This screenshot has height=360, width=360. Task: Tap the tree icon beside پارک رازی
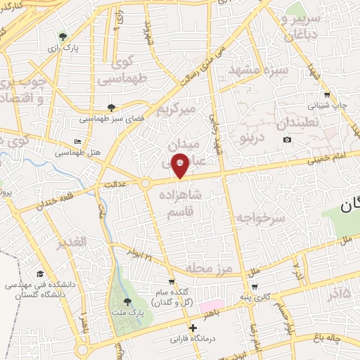(x=64, y=37)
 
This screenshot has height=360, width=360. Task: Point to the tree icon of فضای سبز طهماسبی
(x=112, y=107)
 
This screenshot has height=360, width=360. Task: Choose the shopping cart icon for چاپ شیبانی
(x=327, y=95)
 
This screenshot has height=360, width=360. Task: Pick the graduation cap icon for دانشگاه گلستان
(x=41, y=274)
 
